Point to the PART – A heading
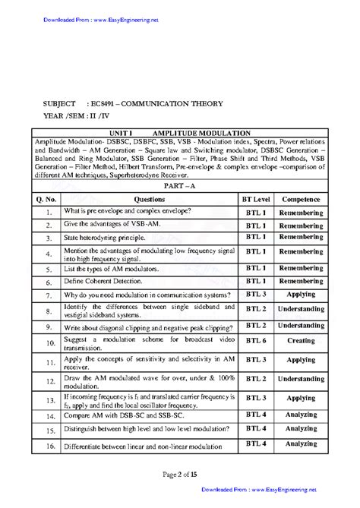tap(179, 185)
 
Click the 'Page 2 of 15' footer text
tap(179, 475)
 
